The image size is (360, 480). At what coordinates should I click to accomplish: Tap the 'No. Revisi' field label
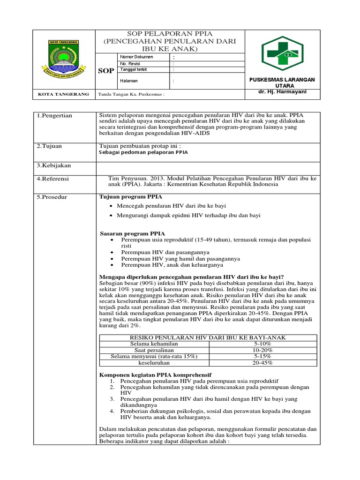tap(131, 63)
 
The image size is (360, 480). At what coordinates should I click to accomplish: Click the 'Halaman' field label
tap(129, 81)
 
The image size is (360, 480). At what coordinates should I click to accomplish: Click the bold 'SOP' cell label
tap(105, 71)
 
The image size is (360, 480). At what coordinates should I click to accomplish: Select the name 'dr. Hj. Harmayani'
tap(283, 92)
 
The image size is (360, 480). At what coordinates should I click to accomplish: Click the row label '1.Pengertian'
tap(54, 116)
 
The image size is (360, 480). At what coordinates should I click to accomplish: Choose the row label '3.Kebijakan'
tap(53, 165)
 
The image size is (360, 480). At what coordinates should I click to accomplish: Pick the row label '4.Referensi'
tap(53, 179)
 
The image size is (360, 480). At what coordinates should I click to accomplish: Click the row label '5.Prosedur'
tap(52, 197)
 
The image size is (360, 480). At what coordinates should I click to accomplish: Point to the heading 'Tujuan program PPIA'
tap(128, 197)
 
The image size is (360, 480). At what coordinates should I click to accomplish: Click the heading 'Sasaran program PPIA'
tap(130, 233)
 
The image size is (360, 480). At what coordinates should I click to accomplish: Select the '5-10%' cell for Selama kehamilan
tap(262, 344)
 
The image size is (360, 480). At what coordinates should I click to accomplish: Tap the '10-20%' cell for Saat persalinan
tap(262, 350)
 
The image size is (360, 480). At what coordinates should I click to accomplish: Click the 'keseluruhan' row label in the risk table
tap(154, 363)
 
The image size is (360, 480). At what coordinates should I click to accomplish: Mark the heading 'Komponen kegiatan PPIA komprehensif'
tap(156, 375)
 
